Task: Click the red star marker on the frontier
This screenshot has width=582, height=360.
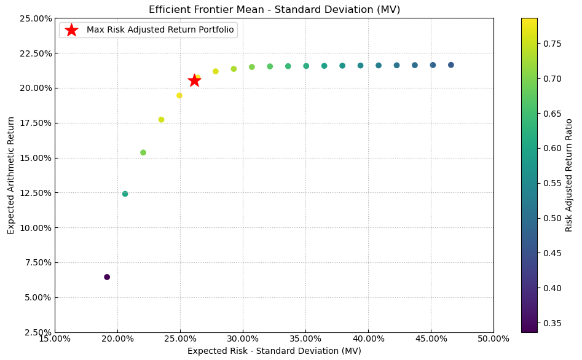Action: pos(194,80)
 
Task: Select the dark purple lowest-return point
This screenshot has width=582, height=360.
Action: pos(107,277)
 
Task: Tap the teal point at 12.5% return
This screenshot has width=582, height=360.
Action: pos(125,194)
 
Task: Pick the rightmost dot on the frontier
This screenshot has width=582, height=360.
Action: pos(451,65)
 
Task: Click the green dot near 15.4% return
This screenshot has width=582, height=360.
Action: pos(143,152)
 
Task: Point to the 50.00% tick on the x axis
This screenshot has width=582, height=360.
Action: pos(494,338)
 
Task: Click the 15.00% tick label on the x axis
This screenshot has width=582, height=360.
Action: pos(55,338)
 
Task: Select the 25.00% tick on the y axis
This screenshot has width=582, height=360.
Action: pos(35,18)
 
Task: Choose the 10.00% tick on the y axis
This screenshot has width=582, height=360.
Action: pos(35,227)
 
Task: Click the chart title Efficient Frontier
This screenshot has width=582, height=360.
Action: pos(274,9)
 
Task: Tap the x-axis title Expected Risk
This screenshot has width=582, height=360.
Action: pos(274,351)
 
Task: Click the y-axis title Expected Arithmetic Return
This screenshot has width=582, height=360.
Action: pos(11,175)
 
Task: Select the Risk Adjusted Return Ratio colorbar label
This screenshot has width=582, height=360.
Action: pos(569,175)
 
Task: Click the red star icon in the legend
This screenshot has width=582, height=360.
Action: pos(71,30)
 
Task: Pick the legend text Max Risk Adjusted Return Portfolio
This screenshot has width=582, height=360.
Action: pos(160,30)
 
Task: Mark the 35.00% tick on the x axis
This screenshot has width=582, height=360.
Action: pos(305,338)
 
